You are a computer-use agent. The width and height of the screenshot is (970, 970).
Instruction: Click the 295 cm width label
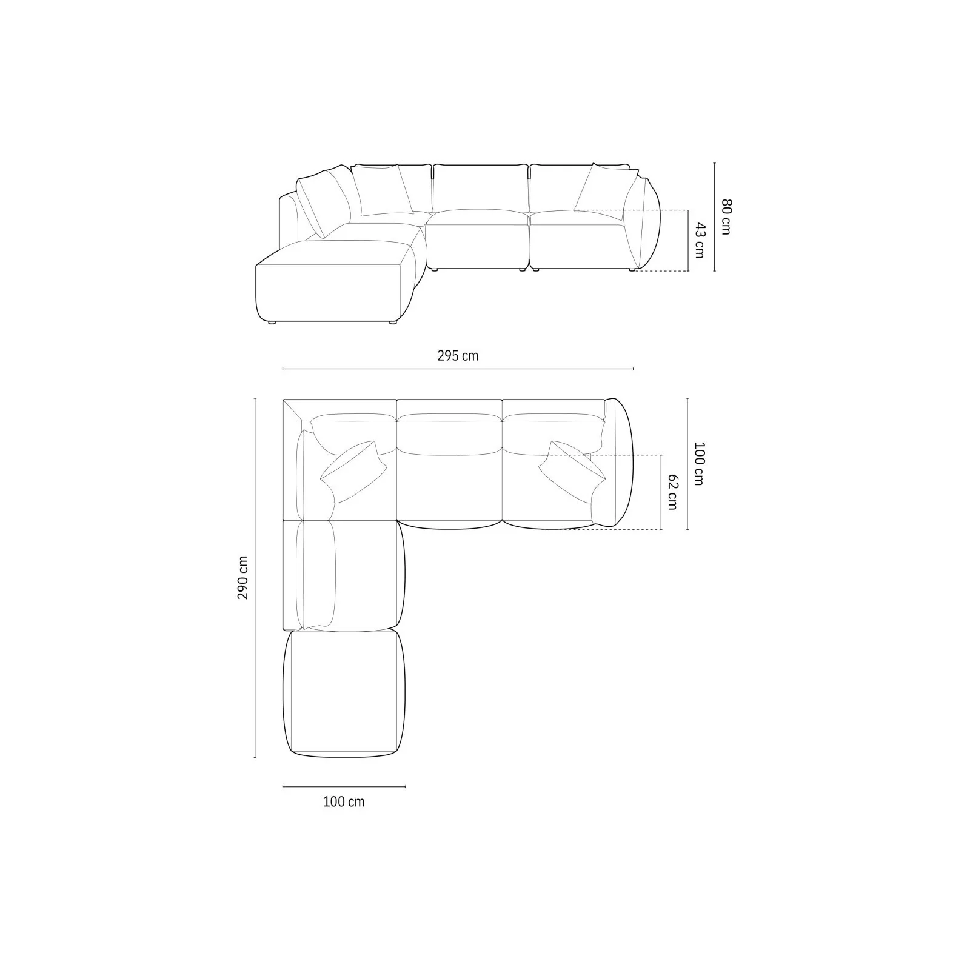pyautogui.click(x=458, y=356)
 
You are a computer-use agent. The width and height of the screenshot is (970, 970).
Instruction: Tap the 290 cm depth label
pyautogui.click(x=242, y=578)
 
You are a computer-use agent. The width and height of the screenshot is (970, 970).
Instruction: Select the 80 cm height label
pyautogui.click(x=726, y=216)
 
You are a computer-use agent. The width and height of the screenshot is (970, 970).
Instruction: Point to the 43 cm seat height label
pyautogui.click(x=700, y=241)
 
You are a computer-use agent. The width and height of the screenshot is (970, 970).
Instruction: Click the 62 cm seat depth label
pyautogui.click(x=672, y=492)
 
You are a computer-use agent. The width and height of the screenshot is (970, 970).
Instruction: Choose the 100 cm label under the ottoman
pyautogui.click(x=344, y=802)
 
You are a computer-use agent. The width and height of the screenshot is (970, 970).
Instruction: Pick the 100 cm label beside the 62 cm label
pyautogui.click(x=699, y=464)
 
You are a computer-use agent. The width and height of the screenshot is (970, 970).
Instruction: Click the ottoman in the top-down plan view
pyautogui.click(x=344, y=694)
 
